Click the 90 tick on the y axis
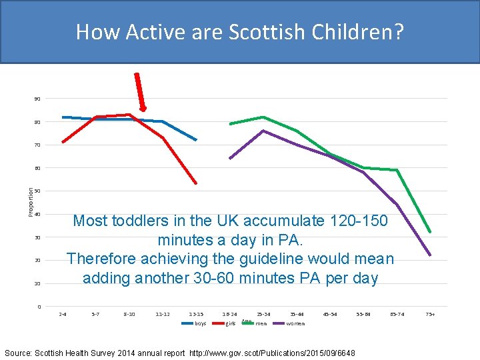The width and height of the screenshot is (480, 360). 37,99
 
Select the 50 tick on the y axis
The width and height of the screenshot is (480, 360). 37,191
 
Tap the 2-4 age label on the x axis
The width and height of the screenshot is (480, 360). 63,313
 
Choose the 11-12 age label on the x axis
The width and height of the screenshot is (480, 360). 163,313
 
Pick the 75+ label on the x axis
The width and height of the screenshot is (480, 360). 430,313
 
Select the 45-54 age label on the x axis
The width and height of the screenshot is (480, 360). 330,313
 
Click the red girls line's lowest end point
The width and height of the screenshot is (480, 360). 196,183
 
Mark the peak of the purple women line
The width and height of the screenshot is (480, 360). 263,131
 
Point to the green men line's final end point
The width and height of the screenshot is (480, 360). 430,232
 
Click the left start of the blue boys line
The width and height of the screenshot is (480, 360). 63,117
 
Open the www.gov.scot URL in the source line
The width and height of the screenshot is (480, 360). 272,353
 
